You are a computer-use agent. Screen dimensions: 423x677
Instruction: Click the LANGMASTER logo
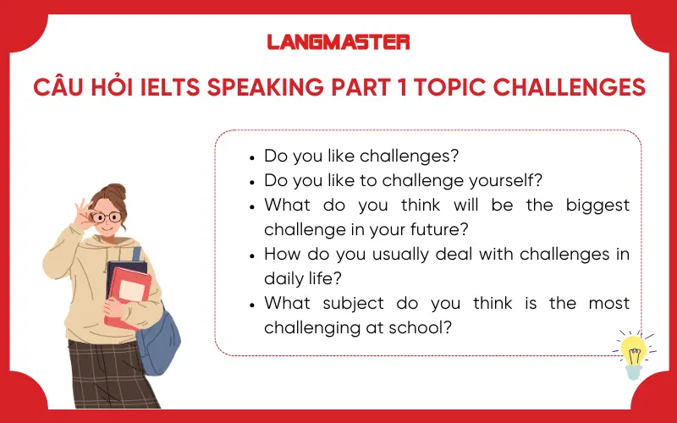[338, 41]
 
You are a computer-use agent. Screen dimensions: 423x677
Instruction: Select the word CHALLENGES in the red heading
[578, 87]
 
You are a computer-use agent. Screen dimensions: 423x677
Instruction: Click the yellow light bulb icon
[633, 350]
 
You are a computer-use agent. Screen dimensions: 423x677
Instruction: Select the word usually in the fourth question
[394, 254]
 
